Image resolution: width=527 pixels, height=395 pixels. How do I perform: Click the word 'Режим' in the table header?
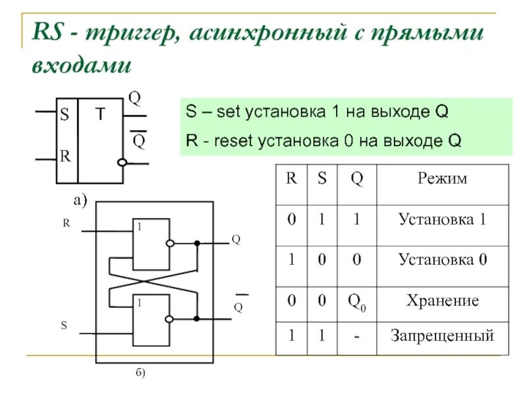[443, 179]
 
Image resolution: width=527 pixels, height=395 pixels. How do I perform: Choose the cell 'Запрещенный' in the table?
[443, 336]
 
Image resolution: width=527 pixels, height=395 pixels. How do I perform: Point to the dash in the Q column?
[356, 337]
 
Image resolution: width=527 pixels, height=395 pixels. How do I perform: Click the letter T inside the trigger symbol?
[99, 114]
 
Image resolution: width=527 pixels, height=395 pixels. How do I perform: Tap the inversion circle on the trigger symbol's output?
[121, 162]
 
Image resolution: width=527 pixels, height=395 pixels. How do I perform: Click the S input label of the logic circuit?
[64, 325]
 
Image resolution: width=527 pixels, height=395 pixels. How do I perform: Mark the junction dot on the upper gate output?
[196, 244]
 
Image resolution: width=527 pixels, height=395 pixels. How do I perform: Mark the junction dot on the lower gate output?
[196, 319]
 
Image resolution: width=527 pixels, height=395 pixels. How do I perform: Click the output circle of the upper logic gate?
[170, 244]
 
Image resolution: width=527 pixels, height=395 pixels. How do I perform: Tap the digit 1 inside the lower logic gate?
[139, 303]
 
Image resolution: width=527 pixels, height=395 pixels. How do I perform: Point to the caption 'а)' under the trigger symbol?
[80, 200]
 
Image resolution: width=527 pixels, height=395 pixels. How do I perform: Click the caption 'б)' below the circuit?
[140, 373]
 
